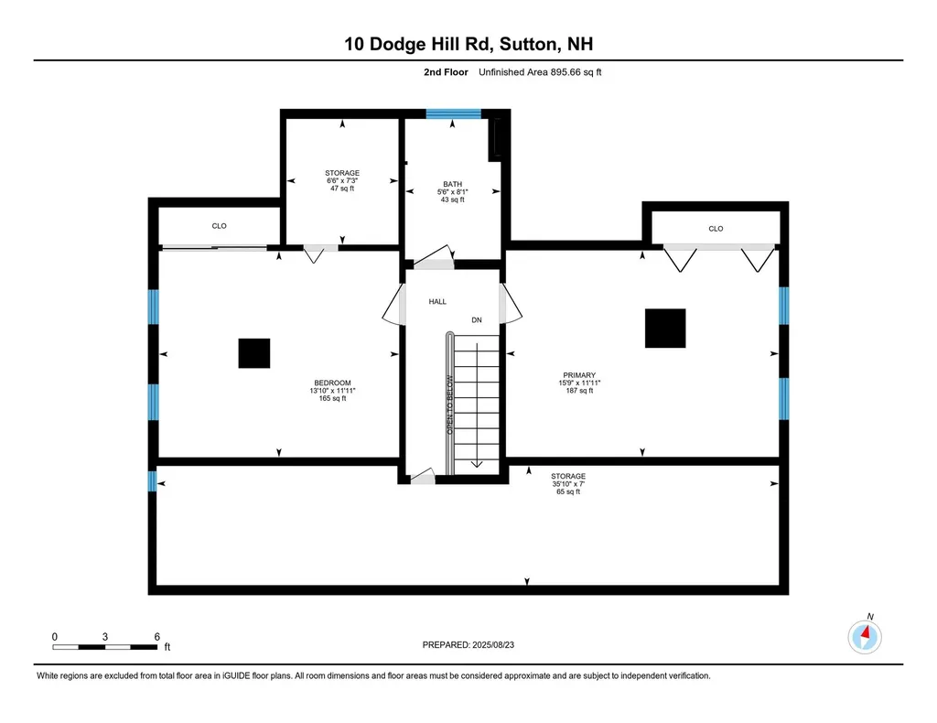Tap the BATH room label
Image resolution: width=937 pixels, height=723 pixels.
[452, 184]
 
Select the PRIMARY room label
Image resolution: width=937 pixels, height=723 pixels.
[579, 375]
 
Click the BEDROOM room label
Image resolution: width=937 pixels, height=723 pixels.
[332, 383]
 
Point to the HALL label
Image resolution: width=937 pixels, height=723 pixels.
[437, 301]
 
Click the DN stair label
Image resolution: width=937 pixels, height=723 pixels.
[476, 320]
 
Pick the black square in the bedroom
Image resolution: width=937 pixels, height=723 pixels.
[254, 353]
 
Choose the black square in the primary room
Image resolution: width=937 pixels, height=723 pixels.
[665, 329]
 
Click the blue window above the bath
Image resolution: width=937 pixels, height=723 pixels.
[453, 114]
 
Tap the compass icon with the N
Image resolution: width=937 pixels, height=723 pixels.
[865, 635]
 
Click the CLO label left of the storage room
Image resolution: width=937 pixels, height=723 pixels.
[219, 226]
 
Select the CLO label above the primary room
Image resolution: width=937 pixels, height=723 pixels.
[716, 229]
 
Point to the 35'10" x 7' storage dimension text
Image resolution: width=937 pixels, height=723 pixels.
[568, 484]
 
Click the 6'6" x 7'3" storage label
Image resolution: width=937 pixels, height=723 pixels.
[341, 180]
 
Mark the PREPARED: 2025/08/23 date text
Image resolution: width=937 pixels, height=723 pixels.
[469, 644]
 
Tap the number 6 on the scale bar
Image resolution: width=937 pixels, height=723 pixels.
[157, 636]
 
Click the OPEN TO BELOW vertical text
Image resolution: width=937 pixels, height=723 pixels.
[449, 404]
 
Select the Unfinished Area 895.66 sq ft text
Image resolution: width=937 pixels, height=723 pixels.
[540, 73]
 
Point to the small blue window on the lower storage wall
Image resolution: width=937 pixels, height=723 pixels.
[153, 480]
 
